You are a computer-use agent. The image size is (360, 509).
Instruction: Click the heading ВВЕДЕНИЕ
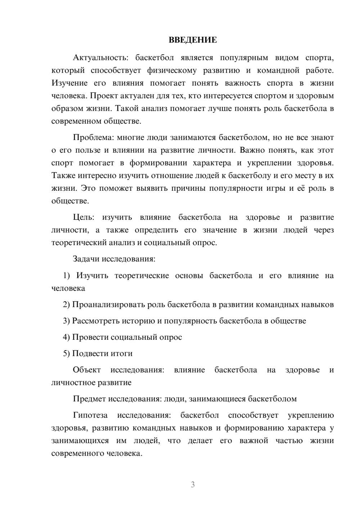point(193,40)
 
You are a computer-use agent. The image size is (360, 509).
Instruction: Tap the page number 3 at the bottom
point(193,485)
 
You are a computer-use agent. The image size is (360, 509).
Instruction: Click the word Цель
point(84,217)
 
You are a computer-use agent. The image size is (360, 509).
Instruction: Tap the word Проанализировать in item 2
point(108,305)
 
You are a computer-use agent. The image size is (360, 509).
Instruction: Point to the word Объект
point(87,370)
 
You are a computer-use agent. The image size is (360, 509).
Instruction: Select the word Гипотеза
point(90,415)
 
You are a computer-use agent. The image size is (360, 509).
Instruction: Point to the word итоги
point(121,353)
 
